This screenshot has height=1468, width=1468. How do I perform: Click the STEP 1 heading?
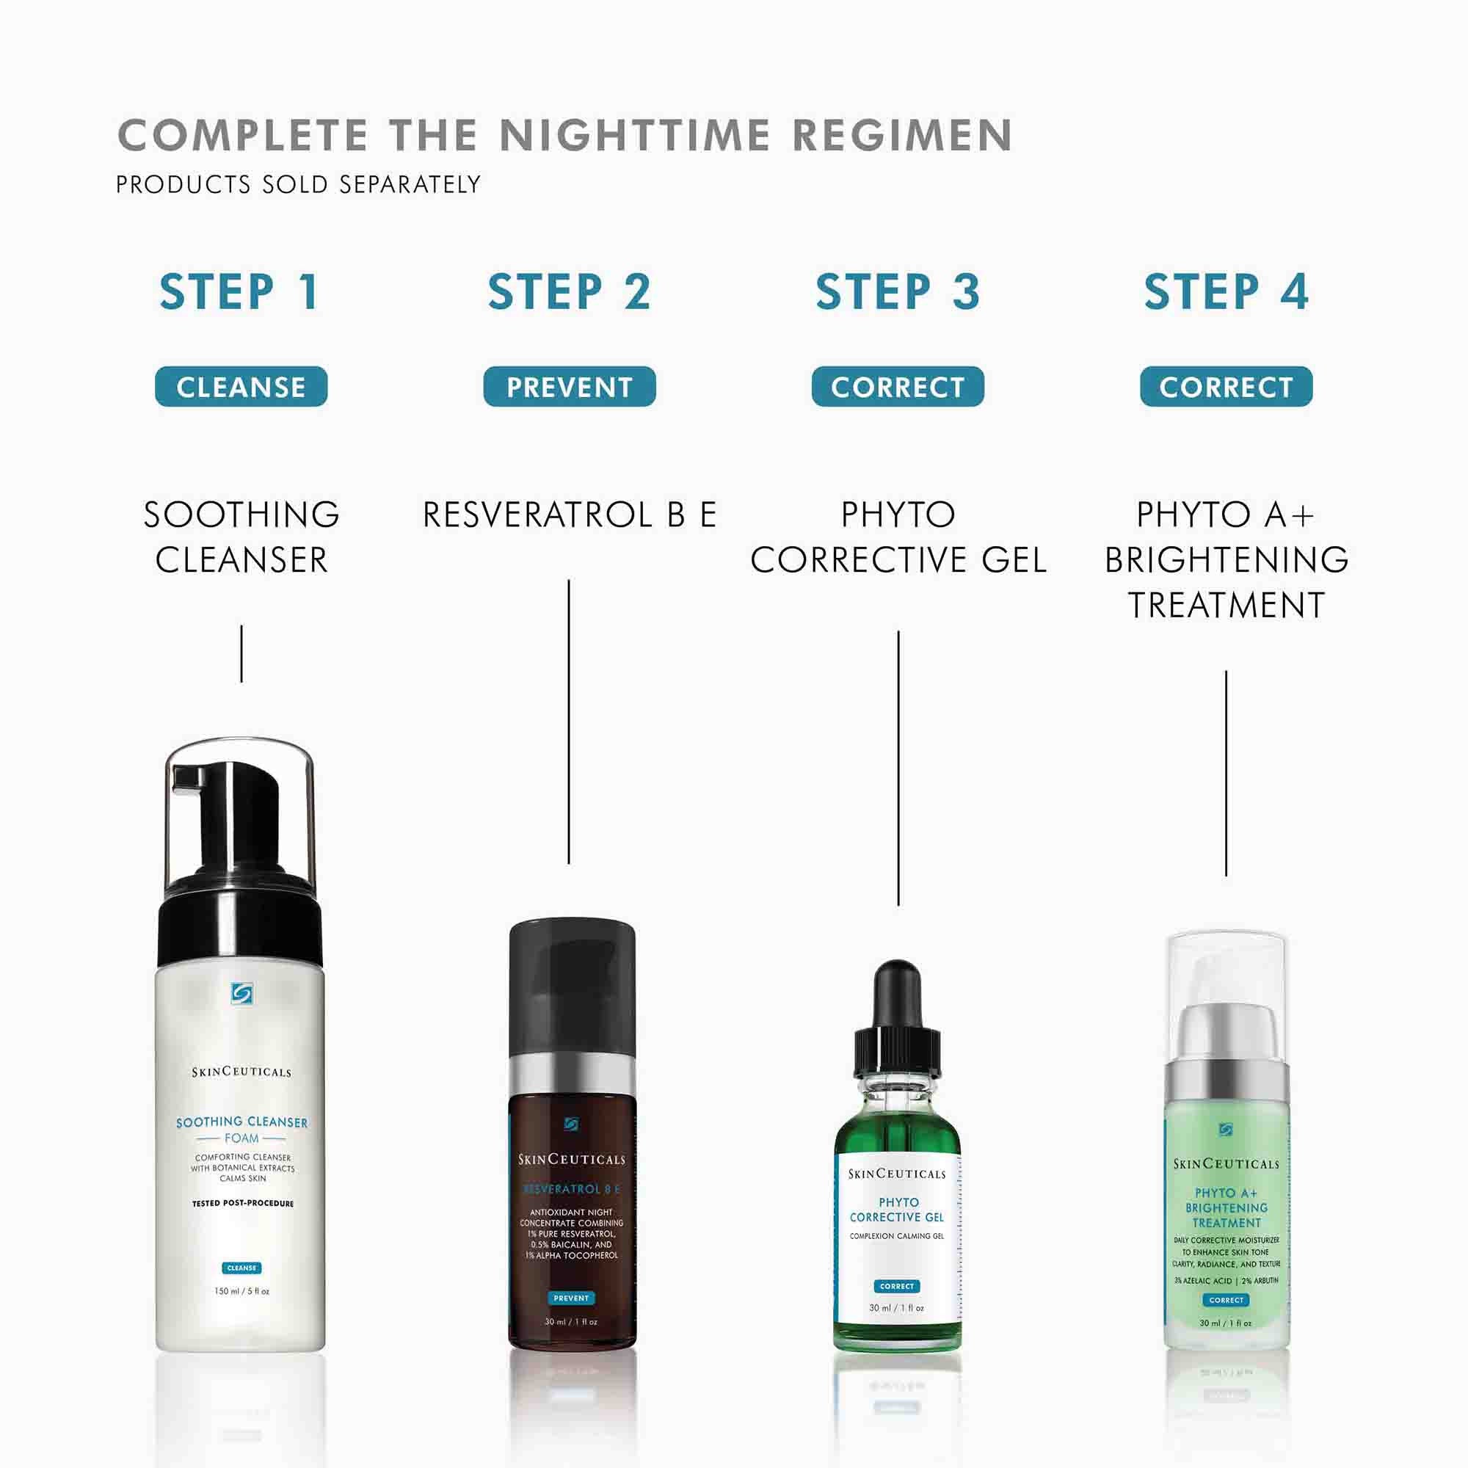point(240,292)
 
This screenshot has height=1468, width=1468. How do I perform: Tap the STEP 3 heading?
point(898,292)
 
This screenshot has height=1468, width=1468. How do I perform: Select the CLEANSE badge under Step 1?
point(241,387)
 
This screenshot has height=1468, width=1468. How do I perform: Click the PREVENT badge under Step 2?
point(569,387)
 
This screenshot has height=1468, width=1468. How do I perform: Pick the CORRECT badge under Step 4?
point(1226,387)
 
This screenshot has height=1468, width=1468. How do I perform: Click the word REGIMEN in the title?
point(902,136)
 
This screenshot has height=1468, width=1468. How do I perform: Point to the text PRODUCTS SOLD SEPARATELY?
point(298,185)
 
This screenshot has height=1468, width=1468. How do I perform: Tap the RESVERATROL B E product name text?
point(569,515)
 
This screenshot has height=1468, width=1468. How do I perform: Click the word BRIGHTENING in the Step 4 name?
point(1226,561)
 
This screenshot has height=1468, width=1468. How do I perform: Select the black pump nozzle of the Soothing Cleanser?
point(190,778)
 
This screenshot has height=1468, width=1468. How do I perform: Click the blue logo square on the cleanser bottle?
point(241,993)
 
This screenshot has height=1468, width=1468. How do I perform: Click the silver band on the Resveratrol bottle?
point(571,1074)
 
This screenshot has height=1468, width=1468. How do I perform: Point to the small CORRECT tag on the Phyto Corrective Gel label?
point(897,1287)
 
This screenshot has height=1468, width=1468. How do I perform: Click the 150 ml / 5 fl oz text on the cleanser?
point(241,1291)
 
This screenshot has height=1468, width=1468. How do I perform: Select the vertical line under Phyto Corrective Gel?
point(898,768)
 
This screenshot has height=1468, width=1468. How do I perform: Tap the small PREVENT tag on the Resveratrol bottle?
point(571,1298)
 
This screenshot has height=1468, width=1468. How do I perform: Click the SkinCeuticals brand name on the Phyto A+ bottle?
point(1226,1164)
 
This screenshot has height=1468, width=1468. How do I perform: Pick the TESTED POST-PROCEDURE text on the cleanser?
point(242,1204)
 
